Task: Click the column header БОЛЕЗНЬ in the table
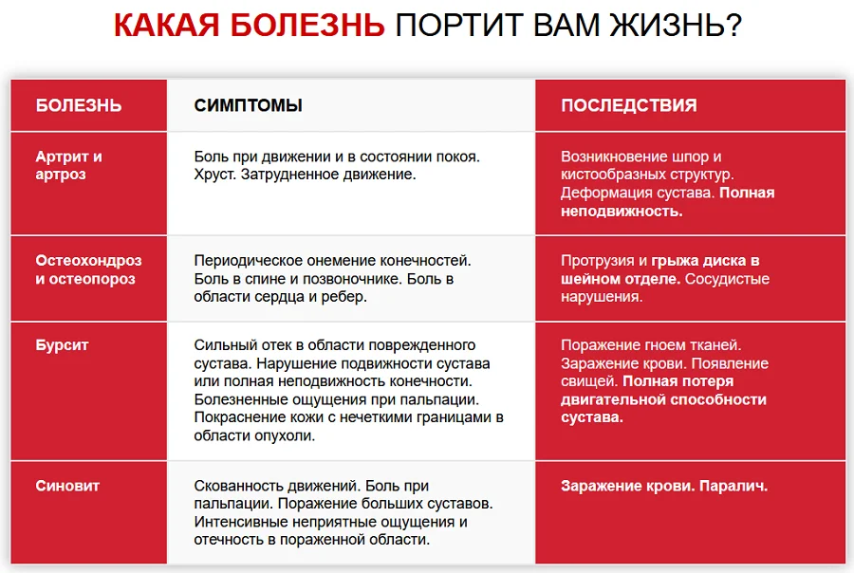79,105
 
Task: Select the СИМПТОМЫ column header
248,105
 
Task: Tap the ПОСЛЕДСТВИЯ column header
628,105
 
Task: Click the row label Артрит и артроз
68,165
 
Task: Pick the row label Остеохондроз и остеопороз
88,269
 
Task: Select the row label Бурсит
62,345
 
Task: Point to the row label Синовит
67,486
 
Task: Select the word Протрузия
598,261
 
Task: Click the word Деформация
604,193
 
